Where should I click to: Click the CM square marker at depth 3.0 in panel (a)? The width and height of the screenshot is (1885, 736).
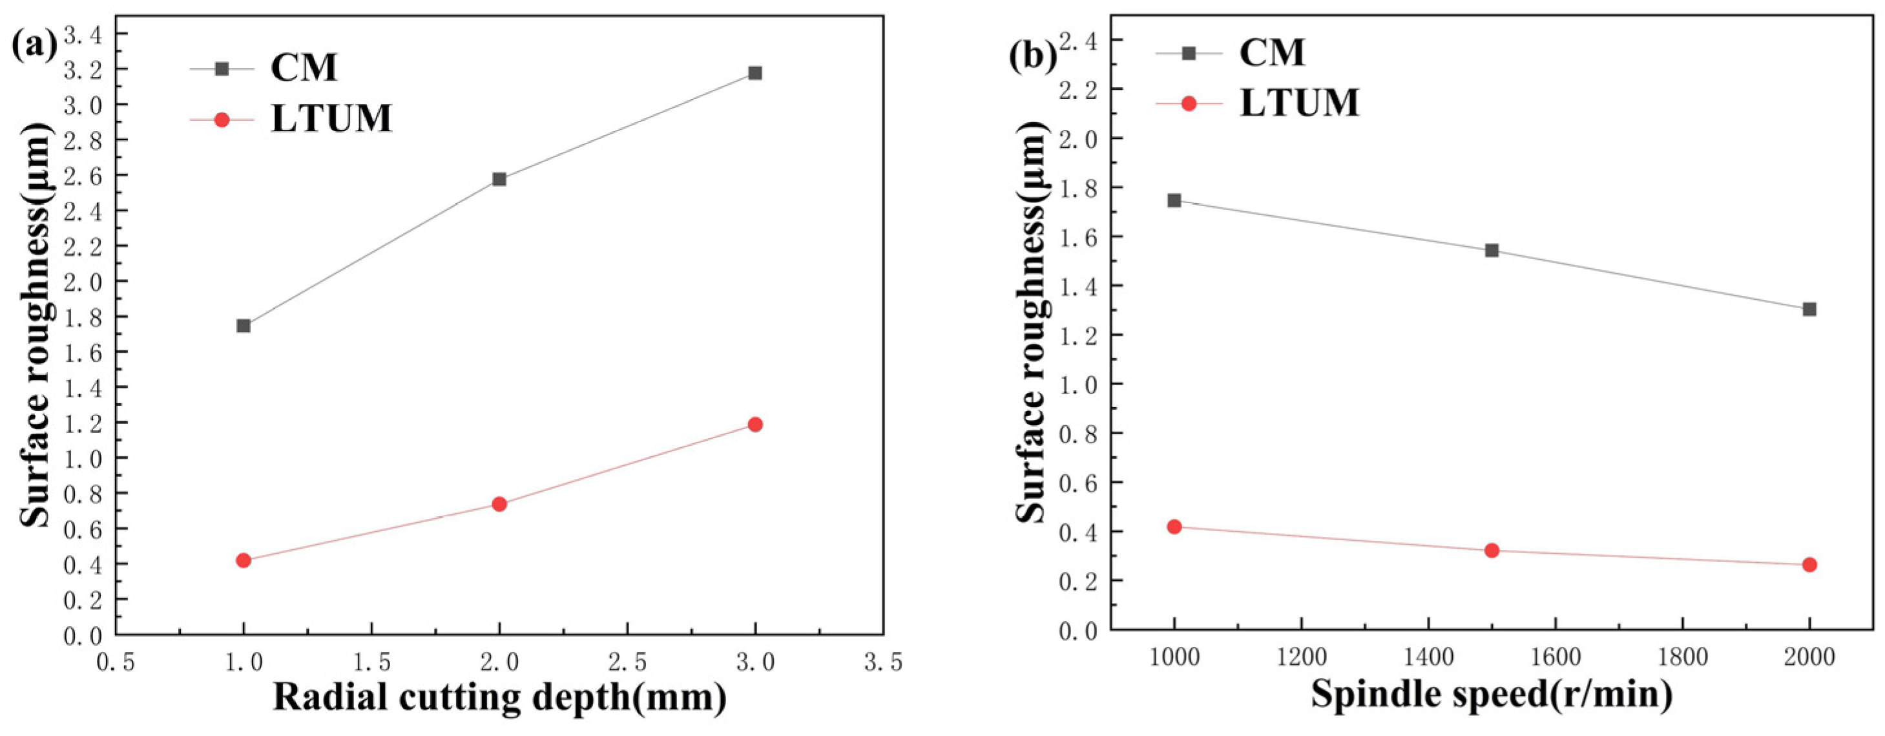755,73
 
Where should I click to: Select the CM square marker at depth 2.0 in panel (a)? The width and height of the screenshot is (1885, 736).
499,179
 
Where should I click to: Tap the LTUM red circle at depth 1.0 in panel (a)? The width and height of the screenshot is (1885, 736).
244,560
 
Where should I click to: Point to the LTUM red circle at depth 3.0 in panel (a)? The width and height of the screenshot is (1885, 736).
755,425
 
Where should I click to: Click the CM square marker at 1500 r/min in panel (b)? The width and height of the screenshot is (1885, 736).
1492,250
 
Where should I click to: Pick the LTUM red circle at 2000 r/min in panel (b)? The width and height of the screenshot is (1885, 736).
1809,565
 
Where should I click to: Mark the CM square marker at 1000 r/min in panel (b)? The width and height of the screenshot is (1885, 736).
1174,200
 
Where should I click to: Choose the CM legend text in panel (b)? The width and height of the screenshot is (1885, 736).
1273,53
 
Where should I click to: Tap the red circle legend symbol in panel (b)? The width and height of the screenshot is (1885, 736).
1189,103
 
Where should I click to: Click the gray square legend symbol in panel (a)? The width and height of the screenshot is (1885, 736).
222,68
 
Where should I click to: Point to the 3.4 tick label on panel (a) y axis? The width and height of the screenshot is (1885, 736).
87,34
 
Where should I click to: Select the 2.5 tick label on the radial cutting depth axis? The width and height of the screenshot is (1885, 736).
627,663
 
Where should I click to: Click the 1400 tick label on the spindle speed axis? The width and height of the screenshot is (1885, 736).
1427,657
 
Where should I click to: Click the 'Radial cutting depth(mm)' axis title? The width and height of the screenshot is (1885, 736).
500,698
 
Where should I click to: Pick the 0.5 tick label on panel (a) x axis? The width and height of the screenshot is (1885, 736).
116,663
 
